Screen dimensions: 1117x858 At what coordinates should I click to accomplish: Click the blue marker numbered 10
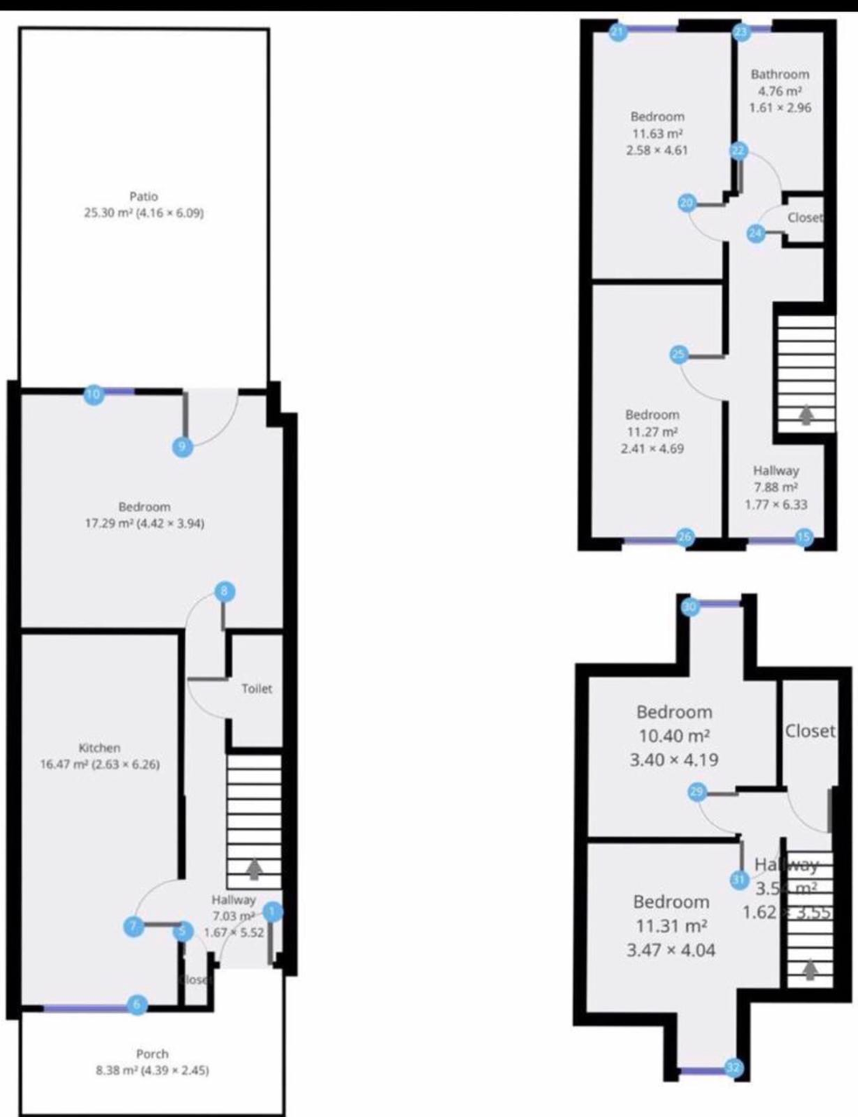tap(93, 395)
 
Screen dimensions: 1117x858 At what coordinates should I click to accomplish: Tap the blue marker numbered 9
tap(181, 447)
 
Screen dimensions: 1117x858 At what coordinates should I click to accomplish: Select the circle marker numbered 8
tap(225, 592)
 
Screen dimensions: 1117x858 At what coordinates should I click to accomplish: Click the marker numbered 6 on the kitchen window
tap(136, 1004)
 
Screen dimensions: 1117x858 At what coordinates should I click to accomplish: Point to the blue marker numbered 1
tap(273, 913)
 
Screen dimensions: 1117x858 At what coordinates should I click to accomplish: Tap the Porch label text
tap(152, 1054)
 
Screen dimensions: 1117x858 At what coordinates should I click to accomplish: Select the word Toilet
tap(256, 689)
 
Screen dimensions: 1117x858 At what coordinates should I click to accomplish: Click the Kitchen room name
tap(99, 748)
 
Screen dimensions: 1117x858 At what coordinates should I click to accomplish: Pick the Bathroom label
tap(780, 75)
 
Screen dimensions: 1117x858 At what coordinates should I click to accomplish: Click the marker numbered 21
tap(618, 33)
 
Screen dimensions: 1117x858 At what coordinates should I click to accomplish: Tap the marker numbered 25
tap(679, 354)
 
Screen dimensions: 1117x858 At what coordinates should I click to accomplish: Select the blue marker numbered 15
tap(804, 538)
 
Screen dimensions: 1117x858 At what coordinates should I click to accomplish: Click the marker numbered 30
tap(691, 606)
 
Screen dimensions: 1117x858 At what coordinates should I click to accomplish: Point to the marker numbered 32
tap(734, 1067)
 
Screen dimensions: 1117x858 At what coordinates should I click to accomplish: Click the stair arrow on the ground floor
tap(254, 868)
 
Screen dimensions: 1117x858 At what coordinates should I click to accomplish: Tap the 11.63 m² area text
tap(657, 134)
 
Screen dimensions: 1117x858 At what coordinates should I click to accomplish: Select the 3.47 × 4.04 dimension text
tap(671, 949)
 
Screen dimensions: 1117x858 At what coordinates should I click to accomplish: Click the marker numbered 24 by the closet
tap(756, 233)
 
